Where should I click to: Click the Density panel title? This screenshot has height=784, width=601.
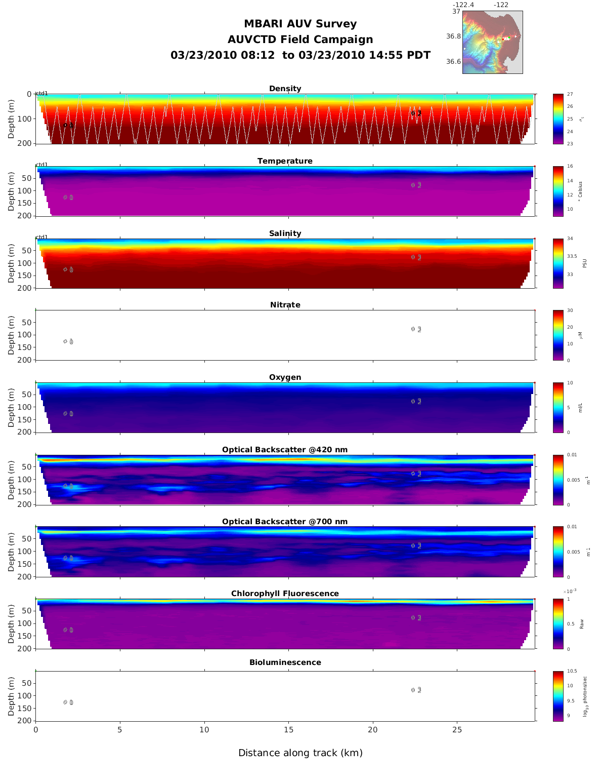[285, 89]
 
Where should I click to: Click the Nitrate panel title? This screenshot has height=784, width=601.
[285, 305]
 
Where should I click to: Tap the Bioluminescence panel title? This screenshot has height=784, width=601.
[285, 662]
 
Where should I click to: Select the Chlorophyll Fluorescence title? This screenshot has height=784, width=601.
[285, 594]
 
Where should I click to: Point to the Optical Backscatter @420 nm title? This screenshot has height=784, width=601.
[285, 450]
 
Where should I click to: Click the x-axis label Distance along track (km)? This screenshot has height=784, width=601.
[300, 753]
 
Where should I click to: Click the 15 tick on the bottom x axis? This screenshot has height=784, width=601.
[288, 730]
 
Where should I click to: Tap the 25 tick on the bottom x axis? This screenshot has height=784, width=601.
[457, 730]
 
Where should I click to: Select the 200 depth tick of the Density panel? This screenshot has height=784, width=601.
[26, 143]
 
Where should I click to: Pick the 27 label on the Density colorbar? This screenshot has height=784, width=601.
[570, 94]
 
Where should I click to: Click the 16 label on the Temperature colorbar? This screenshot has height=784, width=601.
[570, 166]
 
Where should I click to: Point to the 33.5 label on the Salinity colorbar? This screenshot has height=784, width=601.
[572, 256]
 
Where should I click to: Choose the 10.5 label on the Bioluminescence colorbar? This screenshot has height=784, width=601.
[572, 671]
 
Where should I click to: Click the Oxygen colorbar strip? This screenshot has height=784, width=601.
[558, 407]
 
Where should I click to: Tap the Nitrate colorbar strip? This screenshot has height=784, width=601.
[558, 335]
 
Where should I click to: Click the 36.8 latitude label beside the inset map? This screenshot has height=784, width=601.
[453, 36]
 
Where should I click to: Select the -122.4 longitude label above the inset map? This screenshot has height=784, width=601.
[463, 5]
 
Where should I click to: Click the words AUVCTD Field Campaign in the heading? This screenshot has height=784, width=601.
[300, 40]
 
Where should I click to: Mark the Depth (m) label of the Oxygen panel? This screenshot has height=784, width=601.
[11, 407]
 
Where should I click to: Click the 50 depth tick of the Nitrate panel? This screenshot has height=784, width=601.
[28, 323]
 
